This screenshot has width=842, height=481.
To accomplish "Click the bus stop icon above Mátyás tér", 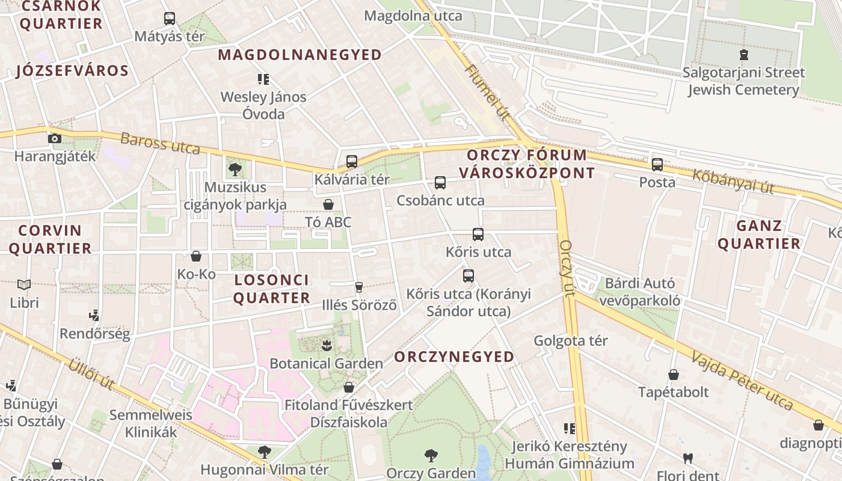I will (170, 19).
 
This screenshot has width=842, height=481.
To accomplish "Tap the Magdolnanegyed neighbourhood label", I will (300, 55).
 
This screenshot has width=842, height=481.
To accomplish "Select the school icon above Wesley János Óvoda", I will (263, 79).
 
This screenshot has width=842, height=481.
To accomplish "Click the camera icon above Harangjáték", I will (55, 138).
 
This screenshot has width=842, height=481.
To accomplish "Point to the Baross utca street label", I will (160, 144).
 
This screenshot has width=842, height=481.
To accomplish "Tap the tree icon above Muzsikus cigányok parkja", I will (235, 169).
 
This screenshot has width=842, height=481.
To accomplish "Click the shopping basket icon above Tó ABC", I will (328, 204).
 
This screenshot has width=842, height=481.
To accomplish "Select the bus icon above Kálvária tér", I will (352, 161).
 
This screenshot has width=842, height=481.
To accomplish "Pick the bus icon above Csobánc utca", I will (440, 183).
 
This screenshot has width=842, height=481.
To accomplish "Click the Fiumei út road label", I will (487, 91).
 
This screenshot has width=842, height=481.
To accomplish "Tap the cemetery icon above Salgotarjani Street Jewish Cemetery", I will (744, 55).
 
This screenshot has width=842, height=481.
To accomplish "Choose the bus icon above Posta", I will (657, 164).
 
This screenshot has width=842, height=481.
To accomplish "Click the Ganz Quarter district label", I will (759, 234).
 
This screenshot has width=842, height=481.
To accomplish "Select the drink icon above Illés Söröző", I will (360, 287).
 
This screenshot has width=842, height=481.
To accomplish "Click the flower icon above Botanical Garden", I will (327, 345).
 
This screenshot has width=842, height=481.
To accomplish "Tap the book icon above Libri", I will (24, 284).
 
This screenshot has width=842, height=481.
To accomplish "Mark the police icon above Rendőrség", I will (94, 315).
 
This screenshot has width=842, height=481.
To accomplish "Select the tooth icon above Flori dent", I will (688, 459).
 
